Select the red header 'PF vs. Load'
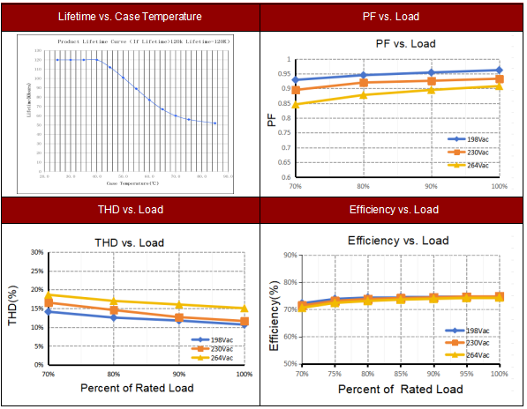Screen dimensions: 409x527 click(394, 17)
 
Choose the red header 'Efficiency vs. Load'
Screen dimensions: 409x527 click(394, 210)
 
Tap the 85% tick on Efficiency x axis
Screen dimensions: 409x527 click(400, 375)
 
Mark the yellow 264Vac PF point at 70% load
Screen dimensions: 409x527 click(296, 105)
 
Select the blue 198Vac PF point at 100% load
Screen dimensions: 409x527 click(500, 70)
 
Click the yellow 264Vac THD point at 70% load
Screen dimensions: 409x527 click(49, 294)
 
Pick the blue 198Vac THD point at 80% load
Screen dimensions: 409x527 click(113, 316)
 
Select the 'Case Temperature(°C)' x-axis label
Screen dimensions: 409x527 click(132, 183)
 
